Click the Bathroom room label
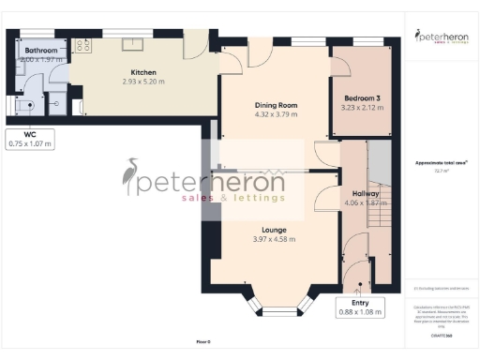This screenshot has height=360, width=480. [x=41, y=51]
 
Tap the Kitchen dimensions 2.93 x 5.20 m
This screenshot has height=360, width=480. [x=143, y=82]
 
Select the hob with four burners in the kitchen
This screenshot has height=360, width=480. [x=82, y=44]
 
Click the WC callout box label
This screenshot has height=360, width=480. [x=31, y=139]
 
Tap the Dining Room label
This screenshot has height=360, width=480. [x=277, y=104]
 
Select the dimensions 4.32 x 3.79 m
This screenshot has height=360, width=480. [x=277, y=114]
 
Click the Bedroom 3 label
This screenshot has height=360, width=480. [x=361, y=97]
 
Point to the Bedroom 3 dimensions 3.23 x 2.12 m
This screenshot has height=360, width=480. [x=361, y=108]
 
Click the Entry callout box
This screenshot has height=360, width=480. [x=361, y=308]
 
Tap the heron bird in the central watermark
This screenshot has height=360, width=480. [x=130, y=176]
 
